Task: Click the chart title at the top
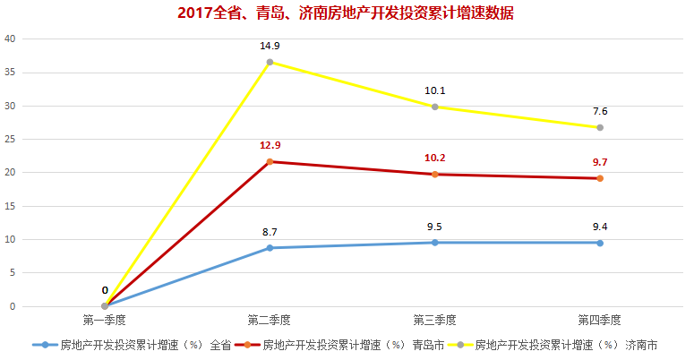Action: click(346, 13)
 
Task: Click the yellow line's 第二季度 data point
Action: click(270, 62)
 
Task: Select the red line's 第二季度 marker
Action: click(270, 161)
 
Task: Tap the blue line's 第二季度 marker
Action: click(270, 248)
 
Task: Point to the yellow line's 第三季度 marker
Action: click(435, 107)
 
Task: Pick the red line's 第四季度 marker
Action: click(600, 178)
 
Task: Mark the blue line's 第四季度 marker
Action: click(600, 243)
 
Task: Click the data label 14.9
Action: click(270, 45)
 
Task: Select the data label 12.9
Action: click(270, 144)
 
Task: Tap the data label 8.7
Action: click(270, 231)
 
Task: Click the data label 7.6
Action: click(600, 111)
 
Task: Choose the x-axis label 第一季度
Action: click(105, 320)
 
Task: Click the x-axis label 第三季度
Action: click(435, 320)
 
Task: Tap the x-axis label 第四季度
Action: click(600, 320)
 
